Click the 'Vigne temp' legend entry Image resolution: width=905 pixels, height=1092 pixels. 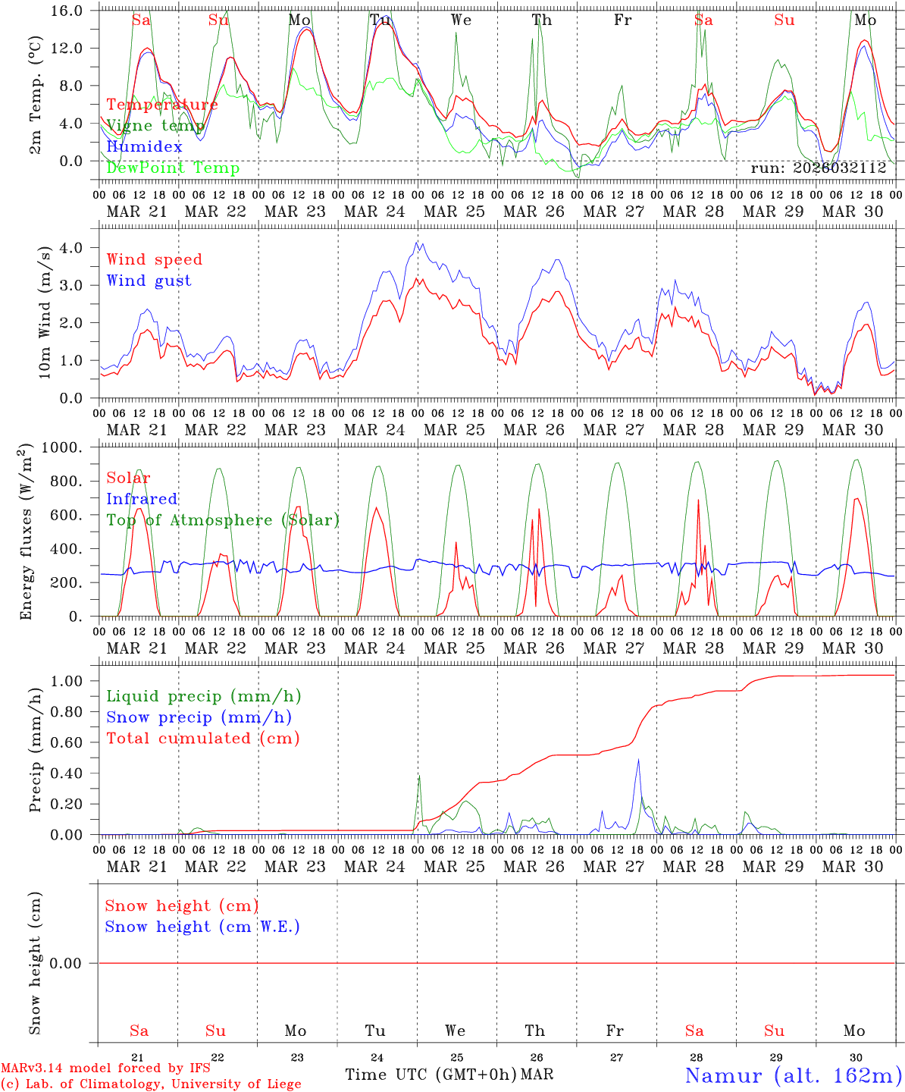tap(155, 125)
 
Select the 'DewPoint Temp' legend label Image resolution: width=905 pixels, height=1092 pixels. tap(173, 168)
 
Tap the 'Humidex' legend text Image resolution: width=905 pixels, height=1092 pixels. tap(144, 146)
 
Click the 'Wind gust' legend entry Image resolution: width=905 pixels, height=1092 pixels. tap(149, 281)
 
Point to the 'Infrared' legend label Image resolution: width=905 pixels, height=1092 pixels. tap(142, 499)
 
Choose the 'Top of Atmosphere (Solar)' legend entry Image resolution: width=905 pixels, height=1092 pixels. tap(223, 520)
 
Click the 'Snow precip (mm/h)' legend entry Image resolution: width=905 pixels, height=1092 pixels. tap(199, 717)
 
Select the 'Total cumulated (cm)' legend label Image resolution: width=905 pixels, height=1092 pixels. tap(202, 738)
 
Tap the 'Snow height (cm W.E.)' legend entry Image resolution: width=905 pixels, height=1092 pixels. tap(202, 927)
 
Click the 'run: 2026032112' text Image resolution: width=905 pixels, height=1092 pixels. tap(818, 168)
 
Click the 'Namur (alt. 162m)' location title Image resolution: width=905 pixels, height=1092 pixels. tap(794, 1075)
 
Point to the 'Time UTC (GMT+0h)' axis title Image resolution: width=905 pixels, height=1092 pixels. tap(431, 1075)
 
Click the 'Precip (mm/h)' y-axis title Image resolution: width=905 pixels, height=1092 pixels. tap(35, 750)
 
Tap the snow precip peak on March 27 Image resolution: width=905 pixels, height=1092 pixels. tap(638, 759)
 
